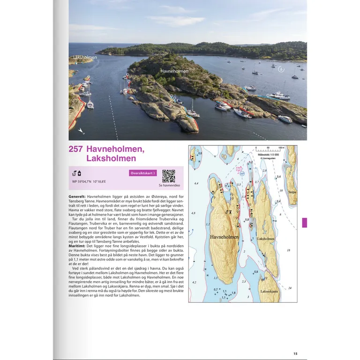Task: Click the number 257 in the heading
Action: click(x=76, y=150)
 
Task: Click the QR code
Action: click(x=168, y=176)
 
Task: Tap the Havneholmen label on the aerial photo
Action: click(x=174, y=71)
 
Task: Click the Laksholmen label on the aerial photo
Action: click(x=85, y=57)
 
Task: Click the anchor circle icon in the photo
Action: click(x=281, y=69)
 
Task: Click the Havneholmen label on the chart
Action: click(x=224, y=237)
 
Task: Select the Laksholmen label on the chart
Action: click(x=266, y=239)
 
